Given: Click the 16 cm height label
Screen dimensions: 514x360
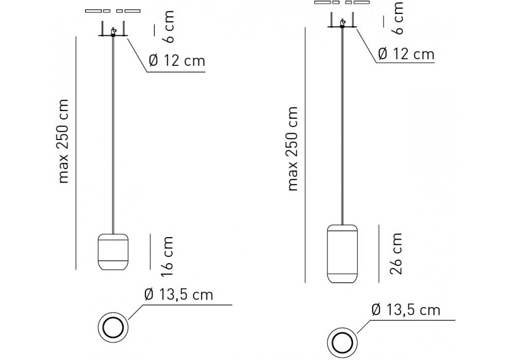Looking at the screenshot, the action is (x=167, y=257).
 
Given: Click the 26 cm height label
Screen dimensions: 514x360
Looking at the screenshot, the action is (x=396, y=254).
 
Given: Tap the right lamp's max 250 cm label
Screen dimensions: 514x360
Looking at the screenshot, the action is (x=292, y=149).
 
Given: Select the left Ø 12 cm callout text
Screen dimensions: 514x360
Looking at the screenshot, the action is (x=177, y=61).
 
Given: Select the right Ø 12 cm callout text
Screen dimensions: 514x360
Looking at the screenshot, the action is (x=406, y=54).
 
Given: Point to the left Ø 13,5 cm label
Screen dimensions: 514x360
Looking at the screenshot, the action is (x=179, y=295).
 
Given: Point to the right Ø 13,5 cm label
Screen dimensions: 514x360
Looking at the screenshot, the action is (x=406, y=310).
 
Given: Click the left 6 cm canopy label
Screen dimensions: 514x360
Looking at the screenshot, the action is (x=169, y=27).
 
